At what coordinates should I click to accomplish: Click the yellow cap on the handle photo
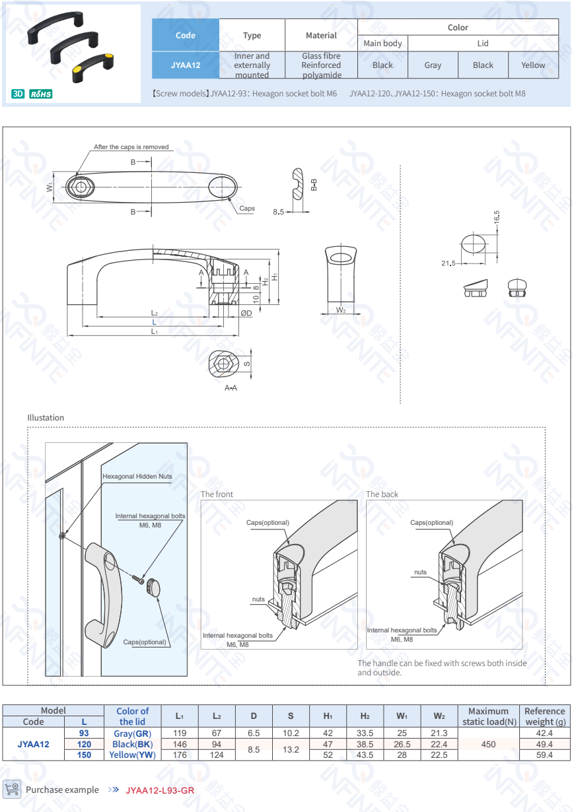coord(78,68)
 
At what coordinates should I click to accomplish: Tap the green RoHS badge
coord(41,94)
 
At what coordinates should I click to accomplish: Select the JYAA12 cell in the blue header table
coord(186,65)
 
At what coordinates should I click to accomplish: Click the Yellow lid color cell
coord(533,65)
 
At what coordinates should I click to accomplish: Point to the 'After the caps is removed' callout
coord(131,147)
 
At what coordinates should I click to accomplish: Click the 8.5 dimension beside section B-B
coord(278,212)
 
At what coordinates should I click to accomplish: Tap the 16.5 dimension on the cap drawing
coord(497,218)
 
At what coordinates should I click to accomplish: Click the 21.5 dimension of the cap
coord(448,263)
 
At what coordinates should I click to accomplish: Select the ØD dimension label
coord(246,313)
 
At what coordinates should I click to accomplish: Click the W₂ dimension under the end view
coord(341,310)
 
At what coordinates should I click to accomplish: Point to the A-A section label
coord(231,388)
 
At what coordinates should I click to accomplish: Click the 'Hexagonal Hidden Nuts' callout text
coord(137,476)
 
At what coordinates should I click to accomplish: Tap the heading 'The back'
coord(382,494)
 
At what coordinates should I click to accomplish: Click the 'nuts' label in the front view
coord(258,599)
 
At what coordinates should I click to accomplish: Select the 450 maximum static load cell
coord(488,744)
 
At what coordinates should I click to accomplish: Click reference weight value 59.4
coord(544,755)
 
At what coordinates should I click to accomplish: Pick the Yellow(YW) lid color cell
coord(132,755)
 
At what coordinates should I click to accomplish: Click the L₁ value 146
coord(180,744)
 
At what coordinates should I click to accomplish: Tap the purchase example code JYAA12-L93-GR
coord(160,790)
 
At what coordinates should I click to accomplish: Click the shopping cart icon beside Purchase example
coord(12,789)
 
